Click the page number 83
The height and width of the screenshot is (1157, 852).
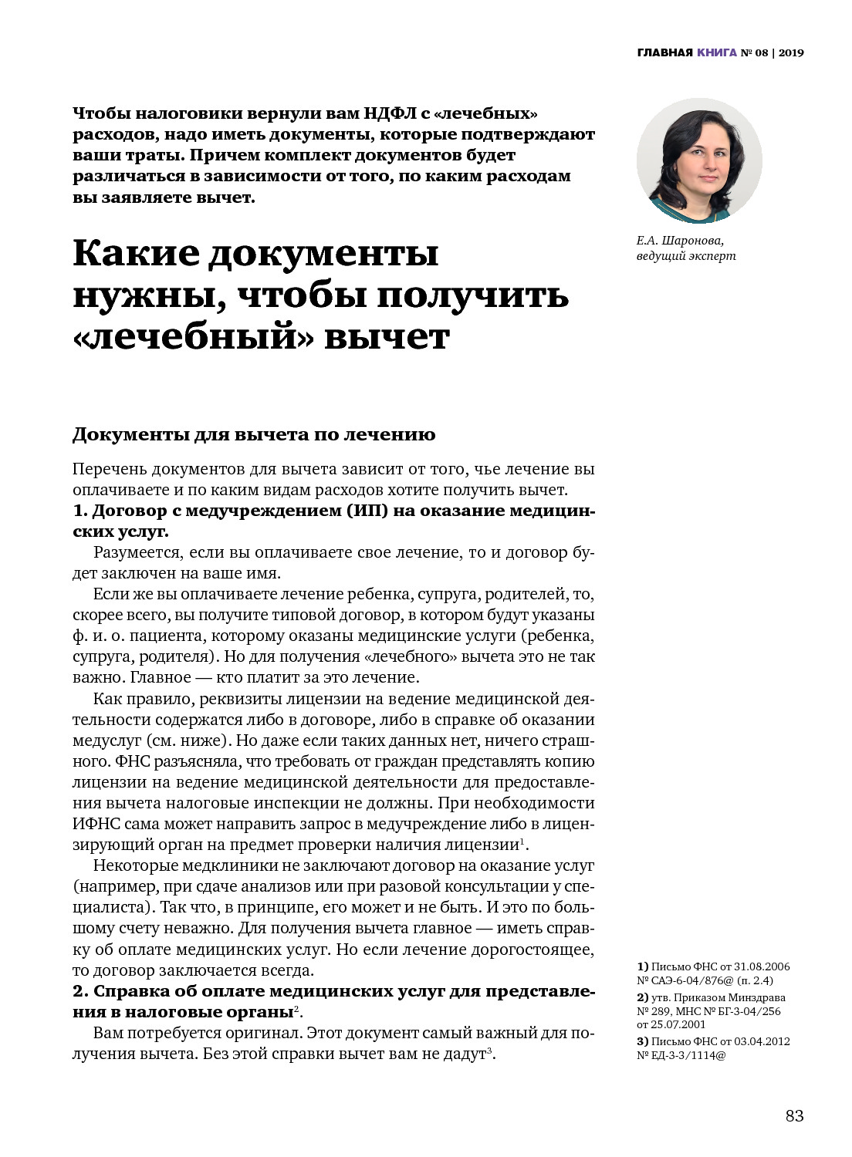(794, 1115)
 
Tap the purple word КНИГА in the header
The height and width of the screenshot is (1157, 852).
(717, 52)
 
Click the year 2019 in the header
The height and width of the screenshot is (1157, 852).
(791, 52)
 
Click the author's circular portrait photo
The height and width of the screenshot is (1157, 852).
(699, 160)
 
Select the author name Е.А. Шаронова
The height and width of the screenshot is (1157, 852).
(680, 241)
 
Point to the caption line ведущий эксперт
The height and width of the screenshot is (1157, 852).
(686, 256)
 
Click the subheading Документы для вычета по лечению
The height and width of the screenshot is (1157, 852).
(254, 434)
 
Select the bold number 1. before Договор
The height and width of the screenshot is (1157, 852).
(80, 511)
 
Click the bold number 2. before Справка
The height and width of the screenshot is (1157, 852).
(80, 991)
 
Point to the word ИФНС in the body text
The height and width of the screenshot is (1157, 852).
(96, 824)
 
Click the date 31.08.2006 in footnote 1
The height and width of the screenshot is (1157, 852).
(762, 966)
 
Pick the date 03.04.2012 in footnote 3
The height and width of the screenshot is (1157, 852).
(762, 1041)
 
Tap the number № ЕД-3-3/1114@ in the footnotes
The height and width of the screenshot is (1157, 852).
(681, 1055)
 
